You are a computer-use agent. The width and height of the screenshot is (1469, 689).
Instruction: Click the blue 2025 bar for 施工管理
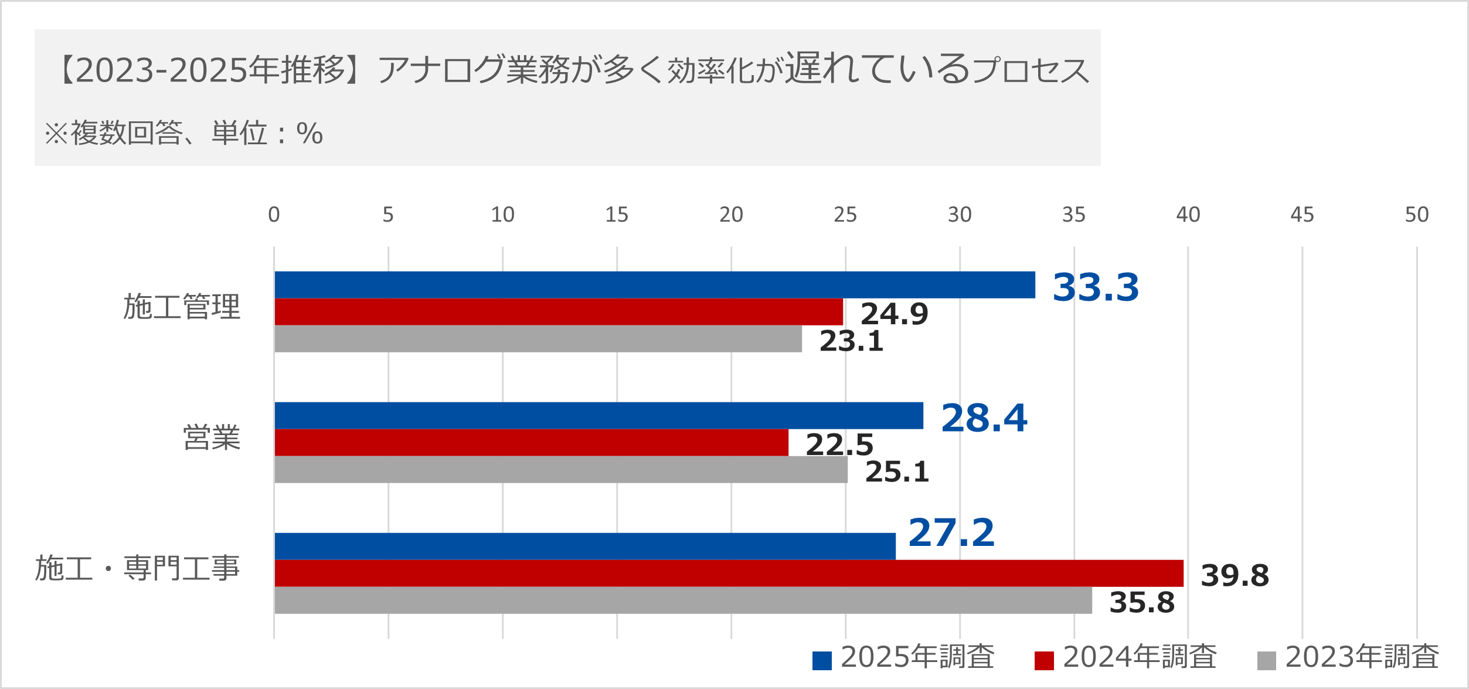pos(654,285)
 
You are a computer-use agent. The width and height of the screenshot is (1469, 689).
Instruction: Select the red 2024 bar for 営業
pos(531,443)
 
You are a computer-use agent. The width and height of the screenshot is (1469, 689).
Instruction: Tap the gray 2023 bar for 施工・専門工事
pos(683,600)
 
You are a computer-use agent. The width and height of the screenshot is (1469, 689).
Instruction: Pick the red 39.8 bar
pos(729,573)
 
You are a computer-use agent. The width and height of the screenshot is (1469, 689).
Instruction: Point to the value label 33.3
pos(1095,287)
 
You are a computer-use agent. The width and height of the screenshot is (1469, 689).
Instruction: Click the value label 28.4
pos(984,418)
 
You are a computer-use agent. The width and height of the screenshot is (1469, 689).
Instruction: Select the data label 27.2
pos(951,532)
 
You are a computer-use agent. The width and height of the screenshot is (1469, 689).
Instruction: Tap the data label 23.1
pos(851,341)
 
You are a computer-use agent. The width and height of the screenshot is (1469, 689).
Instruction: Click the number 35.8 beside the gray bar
pos(1141,602)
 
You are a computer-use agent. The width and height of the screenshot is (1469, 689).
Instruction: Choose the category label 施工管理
pos(182,307)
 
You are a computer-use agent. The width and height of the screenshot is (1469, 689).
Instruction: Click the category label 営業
pos(212,437)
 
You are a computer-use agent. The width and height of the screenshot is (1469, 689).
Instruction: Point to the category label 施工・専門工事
pos(137,568)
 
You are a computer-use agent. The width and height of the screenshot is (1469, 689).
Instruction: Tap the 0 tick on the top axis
pos(274,215)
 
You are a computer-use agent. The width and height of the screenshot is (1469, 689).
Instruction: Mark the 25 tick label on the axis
pos(845,215)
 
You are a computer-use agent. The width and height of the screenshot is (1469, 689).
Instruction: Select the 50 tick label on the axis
pos(1416,215)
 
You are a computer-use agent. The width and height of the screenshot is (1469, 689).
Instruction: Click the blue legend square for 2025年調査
pos(821,660)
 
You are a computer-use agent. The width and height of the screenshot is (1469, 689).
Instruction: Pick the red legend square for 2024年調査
pos(1043,660)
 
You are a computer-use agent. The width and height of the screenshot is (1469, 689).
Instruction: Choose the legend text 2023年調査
pos(1361,657)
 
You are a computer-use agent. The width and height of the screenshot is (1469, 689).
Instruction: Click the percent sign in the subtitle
pos(310,133)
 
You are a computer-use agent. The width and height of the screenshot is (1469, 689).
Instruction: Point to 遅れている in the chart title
pos(878,68)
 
